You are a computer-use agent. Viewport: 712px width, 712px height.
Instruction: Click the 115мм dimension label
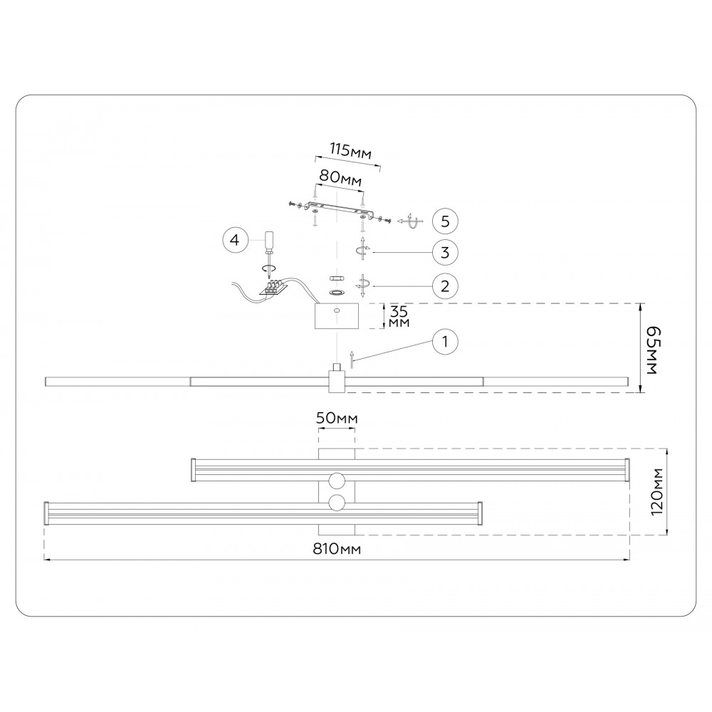click(x=350, y=151)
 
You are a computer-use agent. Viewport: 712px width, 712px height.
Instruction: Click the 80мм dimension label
click(x=340, y=177)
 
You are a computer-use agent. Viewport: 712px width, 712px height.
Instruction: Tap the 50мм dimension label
click(x=336, y=419)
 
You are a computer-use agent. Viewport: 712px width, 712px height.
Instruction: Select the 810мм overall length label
click(x=337, y=549)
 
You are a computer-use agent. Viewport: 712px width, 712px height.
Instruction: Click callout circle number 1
click(x=444, y=342)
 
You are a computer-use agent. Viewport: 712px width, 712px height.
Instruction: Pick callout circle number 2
click(x=444, y=286)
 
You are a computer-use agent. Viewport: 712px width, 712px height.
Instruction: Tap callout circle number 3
click(x=444, y=252)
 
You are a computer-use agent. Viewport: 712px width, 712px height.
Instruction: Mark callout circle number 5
click(x=444, y=221)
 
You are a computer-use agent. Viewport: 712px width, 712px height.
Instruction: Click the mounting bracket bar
click(x=339, y=209)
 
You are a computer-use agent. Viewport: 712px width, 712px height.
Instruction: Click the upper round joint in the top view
click(x=336, y=480)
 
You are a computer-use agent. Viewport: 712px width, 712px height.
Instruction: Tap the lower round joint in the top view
click(x=336, y=503)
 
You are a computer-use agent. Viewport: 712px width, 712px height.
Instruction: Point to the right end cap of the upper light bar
click(x=627, y=470)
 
